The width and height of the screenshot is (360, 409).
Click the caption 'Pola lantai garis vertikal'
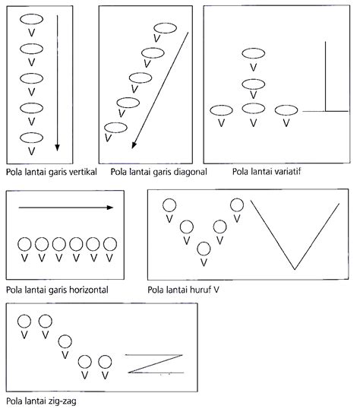[50, 173]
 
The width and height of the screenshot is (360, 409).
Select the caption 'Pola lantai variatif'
[247, 173]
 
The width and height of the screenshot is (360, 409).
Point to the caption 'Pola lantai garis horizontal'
[54, 290]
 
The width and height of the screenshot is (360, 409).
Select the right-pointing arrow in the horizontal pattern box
[66, 206]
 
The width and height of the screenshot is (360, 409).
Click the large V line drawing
[295, 236]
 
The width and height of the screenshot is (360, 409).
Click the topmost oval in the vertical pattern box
[31, 19]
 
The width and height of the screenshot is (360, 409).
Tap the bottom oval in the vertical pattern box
[31, 137]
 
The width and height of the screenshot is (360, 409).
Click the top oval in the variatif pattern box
[254, 53]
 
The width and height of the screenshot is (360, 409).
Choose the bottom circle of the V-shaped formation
[204, 248]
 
